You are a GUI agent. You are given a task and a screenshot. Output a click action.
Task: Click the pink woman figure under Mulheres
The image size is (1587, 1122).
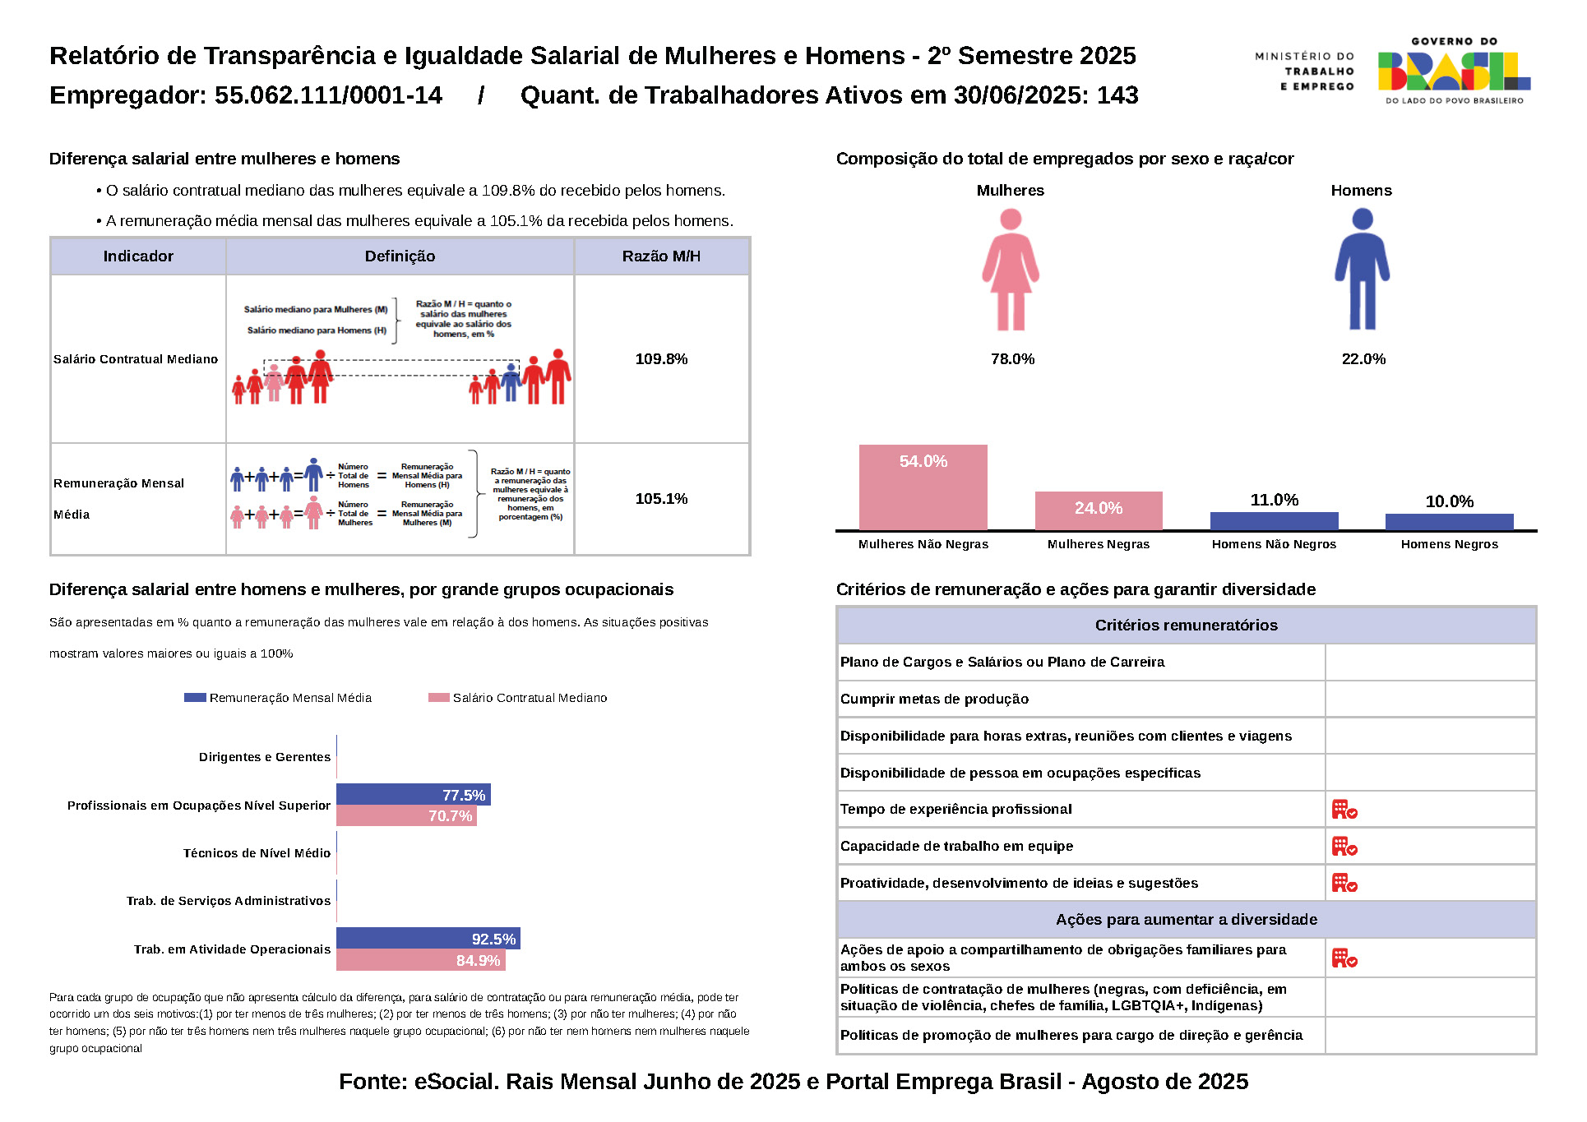pos(1011,269)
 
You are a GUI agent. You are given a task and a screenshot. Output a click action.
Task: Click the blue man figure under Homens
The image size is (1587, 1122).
pos(1362,269)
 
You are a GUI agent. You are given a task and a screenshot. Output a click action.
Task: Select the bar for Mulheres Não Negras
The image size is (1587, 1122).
pos(923,487)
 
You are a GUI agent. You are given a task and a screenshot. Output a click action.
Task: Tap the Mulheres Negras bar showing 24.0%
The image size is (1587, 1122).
pos(1098,510)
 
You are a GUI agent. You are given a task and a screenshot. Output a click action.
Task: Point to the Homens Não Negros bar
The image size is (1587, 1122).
pos(1274,521)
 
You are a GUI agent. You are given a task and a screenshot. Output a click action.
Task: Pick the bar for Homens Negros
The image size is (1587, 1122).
pos(1449,522)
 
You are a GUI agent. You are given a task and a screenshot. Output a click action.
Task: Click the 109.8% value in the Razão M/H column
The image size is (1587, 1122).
pos(661,359)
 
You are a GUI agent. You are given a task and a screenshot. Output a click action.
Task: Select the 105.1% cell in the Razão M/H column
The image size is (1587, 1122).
pos(661,499)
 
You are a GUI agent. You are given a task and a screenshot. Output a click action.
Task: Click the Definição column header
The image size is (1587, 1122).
pos(400,256)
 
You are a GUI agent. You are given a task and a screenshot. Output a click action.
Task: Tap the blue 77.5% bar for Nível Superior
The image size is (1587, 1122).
pos(413,795)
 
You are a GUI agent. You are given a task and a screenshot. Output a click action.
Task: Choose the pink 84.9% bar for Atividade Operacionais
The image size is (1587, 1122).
pos(420,960)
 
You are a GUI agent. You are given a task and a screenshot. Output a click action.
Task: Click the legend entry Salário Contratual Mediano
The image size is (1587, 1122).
pos(518,698)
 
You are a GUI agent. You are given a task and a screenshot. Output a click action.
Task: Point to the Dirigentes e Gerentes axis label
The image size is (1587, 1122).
pos(264,757)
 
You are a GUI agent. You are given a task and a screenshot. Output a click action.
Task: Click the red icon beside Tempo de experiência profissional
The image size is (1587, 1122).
pos(1344,810)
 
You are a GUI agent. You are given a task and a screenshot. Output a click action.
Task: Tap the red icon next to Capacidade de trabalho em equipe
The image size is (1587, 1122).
pos(1344,846)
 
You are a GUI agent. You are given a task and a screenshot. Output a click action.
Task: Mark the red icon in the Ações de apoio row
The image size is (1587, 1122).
pos(1344,958)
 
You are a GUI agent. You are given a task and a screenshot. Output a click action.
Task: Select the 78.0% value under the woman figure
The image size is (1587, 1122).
pos(1012,359)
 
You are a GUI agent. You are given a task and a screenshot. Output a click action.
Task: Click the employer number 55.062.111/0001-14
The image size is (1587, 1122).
pos(328,95)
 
